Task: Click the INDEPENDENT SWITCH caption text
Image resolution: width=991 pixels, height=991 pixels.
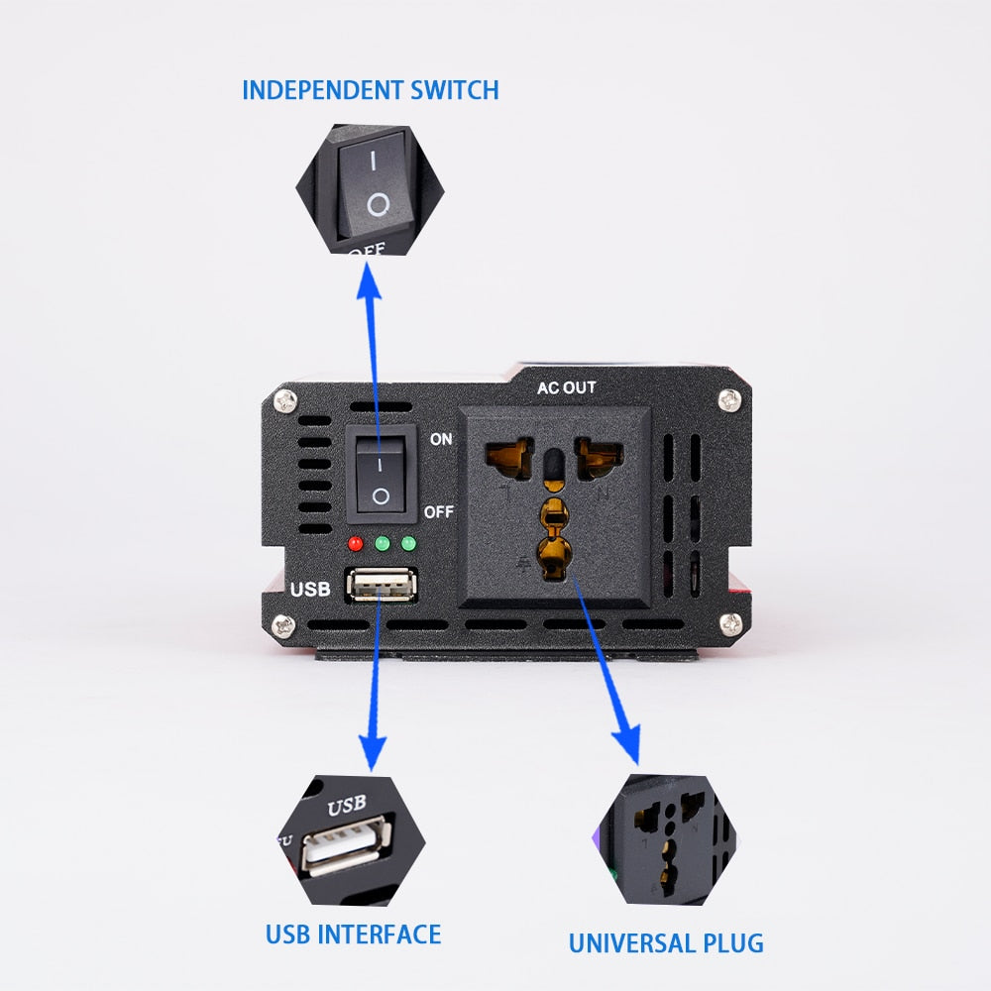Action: (x=370, y=90)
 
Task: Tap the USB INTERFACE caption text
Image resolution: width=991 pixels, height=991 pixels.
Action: (x=353, y=934)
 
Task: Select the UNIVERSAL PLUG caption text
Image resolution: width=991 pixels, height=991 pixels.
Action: (x=666, y=941)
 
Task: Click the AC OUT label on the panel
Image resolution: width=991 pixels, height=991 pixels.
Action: (x=567, y=387)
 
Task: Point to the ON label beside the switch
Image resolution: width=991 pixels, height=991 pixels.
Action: (x=441, y=438)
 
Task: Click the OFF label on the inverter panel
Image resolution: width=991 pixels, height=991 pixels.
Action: (x=439, y=512)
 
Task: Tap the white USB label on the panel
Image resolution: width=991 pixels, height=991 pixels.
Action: (x=309, y=590)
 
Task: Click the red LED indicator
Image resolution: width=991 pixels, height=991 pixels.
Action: (x=356, y=543)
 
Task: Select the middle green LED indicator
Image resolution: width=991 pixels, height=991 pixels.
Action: (x=382, y=543)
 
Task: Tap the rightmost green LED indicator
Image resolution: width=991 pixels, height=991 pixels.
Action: (x=406, y=543)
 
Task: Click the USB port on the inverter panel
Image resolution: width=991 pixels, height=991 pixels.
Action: (x=382, y=586)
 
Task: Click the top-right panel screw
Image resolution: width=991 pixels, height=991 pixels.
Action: (x=730, y=400)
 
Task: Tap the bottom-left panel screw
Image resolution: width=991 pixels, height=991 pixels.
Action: (x=287, y=625)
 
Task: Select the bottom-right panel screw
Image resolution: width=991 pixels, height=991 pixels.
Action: (x=730, y=624)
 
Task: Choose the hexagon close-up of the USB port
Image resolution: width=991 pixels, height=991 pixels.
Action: (x=350, y=840)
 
